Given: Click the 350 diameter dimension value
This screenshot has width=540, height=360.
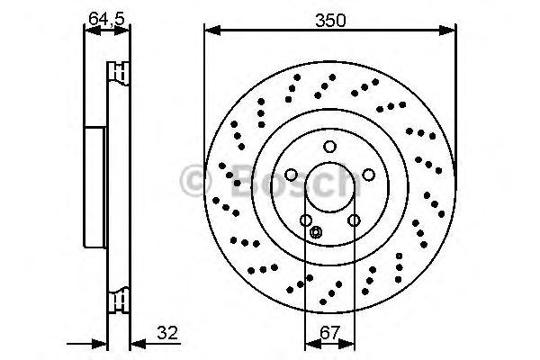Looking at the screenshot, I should pos(329,19).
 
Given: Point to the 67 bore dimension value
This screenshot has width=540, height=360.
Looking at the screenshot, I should pos(329,332).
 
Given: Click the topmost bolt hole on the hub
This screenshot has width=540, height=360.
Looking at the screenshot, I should pos(329,148).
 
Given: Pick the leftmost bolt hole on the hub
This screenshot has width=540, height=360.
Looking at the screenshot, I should pos(292,176).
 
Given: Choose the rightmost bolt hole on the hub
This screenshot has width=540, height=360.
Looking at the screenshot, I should pos(368,176).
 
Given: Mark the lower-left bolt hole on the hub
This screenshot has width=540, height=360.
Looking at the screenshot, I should pos(306,220).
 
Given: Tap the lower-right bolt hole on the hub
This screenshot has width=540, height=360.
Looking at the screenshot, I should pos(354,220).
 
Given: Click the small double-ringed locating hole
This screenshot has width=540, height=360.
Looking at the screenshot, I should pos(315,233).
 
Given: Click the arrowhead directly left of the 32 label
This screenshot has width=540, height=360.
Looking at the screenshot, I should pos(137,344).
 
